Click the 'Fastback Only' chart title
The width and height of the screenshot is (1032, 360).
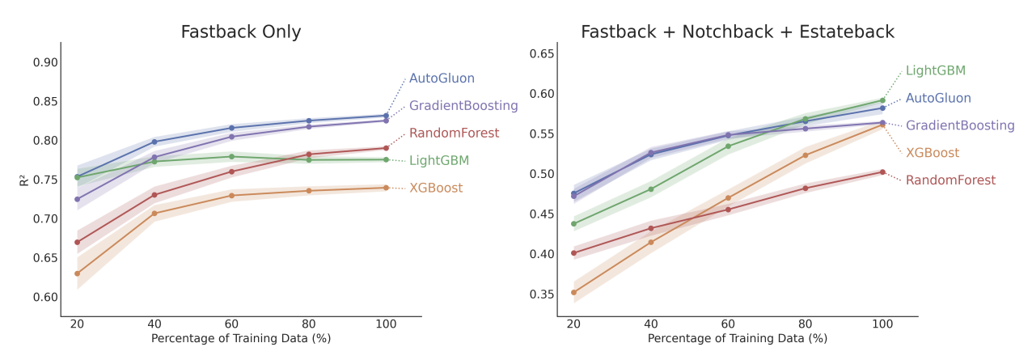240,32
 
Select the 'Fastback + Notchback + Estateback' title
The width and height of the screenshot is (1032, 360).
737,32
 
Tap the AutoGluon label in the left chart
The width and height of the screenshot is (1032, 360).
442,78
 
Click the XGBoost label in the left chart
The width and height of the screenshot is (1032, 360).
436,188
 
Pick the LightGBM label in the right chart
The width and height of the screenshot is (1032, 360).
935,70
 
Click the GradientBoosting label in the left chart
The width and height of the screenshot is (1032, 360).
463,106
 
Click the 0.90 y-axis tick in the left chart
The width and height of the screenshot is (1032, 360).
46,62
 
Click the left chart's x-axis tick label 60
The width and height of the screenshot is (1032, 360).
231,324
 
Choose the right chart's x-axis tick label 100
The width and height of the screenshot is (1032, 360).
882,324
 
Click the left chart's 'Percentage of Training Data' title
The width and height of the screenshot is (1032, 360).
240,338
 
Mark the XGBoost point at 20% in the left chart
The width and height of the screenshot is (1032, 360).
77,273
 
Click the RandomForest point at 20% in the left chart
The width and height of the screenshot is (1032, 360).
77,242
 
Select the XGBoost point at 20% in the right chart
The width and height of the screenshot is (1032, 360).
573,293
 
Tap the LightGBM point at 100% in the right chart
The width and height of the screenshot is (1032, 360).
882,100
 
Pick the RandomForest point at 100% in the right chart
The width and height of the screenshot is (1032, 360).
882,172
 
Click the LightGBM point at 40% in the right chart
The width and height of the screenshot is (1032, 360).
651,189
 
